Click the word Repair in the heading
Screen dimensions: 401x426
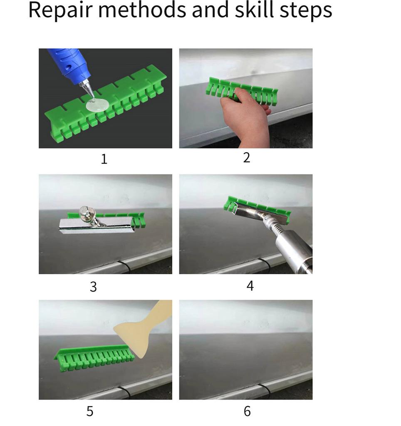(x=60, y=11)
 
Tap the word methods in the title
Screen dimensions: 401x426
(x=142, y=10)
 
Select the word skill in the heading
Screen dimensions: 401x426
(x=254, y=10)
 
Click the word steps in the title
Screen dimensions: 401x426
(x=306, y=11)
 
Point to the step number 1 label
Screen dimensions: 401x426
(x=104, y=159)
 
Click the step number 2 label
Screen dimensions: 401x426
(x=246, y=158)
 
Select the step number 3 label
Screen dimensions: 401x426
(x=93, y=287)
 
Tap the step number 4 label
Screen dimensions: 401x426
(x=250, y=285)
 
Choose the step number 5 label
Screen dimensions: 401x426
(x=90, y=411)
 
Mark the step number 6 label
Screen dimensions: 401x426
(x=247, y=411)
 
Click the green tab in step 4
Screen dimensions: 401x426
(x=256, y=208)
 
